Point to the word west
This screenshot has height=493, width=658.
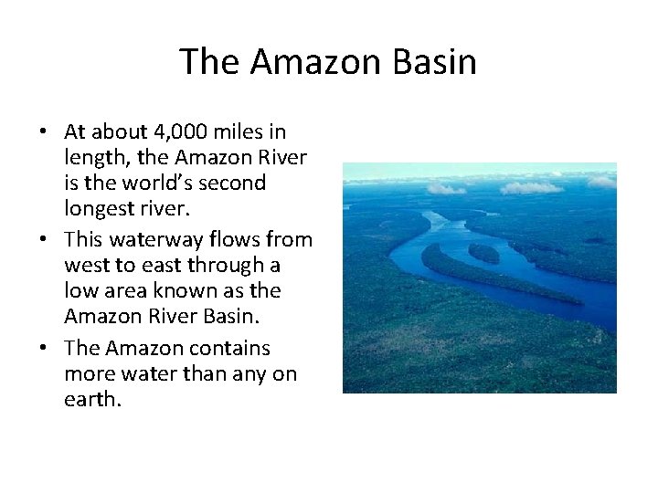[85, 266]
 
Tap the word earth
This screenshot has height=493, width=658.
[91, 399]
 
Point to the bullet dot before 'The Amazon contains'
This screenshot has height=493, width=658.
[44, 349]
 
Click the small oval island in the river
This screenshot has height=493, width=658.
[484, 253]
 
